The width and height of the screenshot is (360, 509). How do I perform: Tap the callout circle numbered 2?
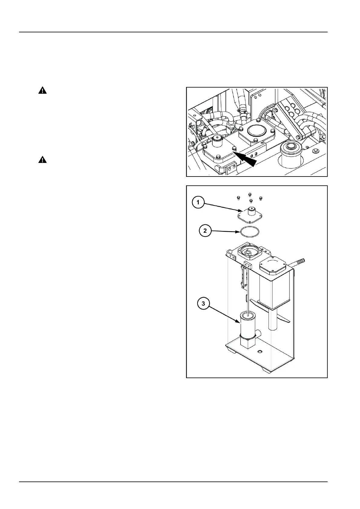point(205,231)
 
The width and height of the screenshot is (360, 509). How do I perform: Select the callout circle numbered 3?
point(203,303)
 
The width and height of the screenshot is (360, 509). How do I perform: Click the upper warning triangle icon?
point(43,90)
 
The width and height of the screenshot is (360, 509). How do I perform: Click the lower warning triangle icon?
point(43,160)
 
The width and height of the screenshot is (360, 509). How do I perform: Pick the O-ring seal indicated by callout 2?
point(250,233)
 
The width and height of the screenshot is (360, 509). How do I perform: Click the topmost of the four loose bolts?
point(250,194)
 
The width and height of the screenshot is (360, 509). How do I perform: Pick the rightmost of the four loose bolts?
point(261,198)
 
